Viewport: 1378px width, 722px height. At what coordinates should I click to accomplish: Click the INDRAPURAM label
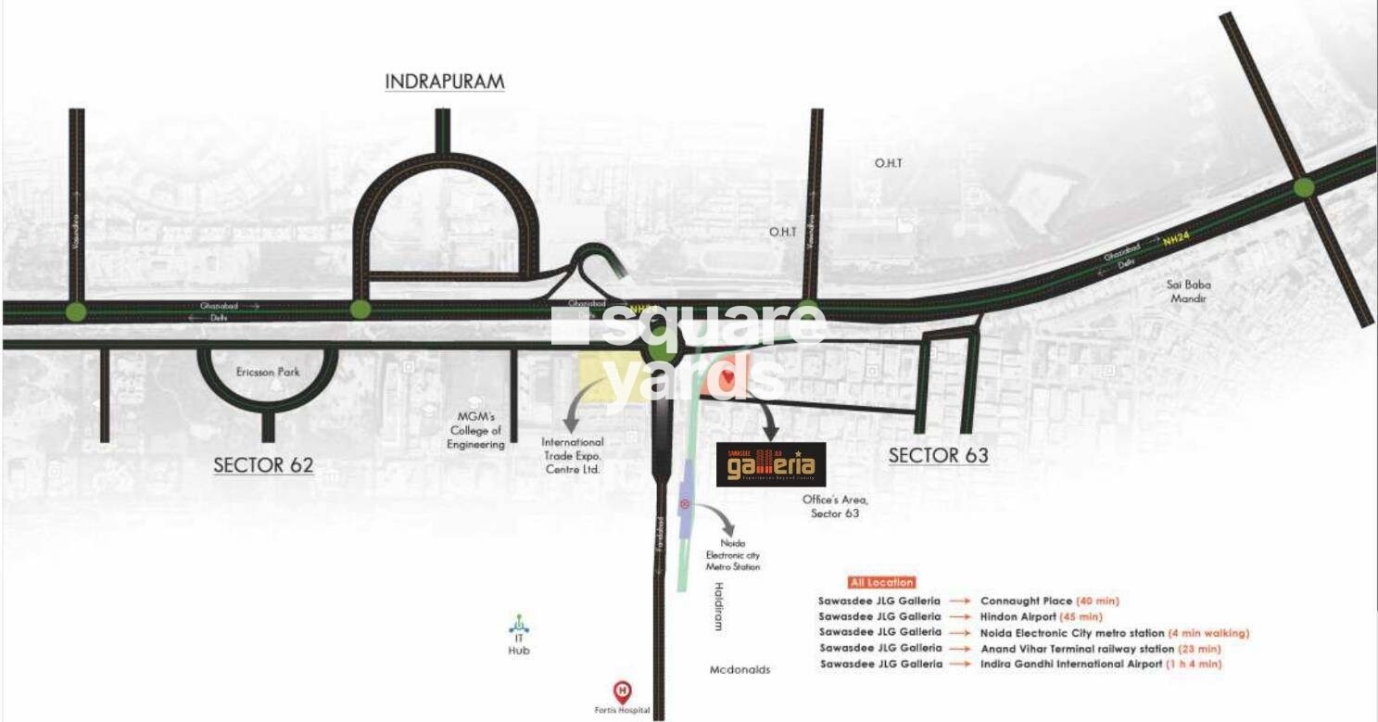[445, 82]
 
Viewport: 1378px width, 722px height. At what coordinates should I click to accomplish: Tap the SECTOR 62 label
[263, 465]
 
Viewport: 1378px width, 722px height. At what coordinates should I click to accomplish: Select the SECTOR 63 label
[938, 455]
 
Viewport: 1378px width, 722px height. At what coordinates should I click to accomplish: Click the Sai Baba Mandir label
[1188, 292]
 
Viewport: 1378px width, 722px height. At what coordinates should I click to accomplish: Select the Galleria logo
[772, 464]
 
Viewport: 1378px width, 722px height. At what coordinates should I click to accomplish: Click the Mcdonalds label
[740, 669]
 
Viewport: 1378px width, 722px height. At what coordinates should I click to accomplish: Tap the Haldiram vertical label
[717, 607]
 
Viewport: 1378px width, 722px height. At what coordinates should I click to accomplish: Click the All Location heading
[880, 582]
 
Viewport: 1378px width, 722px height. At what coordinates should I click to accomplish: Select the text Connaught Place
[1026, 601]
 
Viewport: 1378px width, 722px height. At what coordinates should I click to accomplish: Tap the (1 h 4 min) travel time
[1195, 664]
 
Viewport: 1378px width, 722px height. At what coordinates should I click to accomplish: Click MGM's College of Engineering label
[474, 430]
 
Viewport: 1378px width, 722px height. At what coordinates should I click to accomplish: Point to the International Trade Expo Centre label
[572, 456]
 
